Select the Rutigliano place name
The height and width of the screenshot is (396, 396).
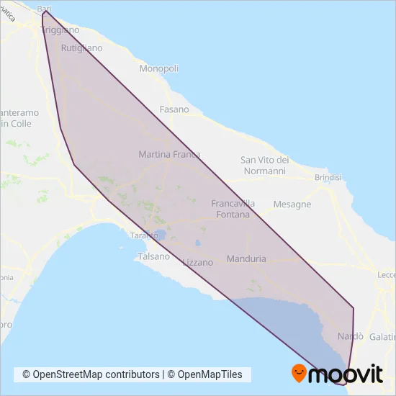(82, 48)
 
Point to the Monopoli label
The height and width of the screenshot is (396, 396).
(159, 68)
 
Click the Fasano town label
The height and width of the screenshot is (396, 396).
(174, 109)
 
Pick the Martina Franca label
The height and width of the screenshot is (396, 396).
(169, 154)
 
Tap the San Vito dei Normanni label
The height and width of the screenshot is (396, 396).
(264, 166)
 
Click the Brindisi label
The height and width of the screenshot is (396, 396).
(331, 177)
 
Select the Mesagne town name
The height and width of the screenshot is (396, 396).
(292, 204)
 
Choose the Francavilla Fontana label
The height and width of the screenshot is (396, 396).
(230, 209)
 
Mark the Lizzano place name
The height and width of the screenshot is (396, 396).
(198, 263)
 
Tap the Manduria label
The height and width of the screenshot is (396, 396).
(246, 258)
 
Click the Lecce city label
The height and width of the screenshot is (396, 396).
(387, 275)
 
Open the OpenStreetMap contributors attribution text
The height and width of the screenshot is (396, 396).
(91, 374)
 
